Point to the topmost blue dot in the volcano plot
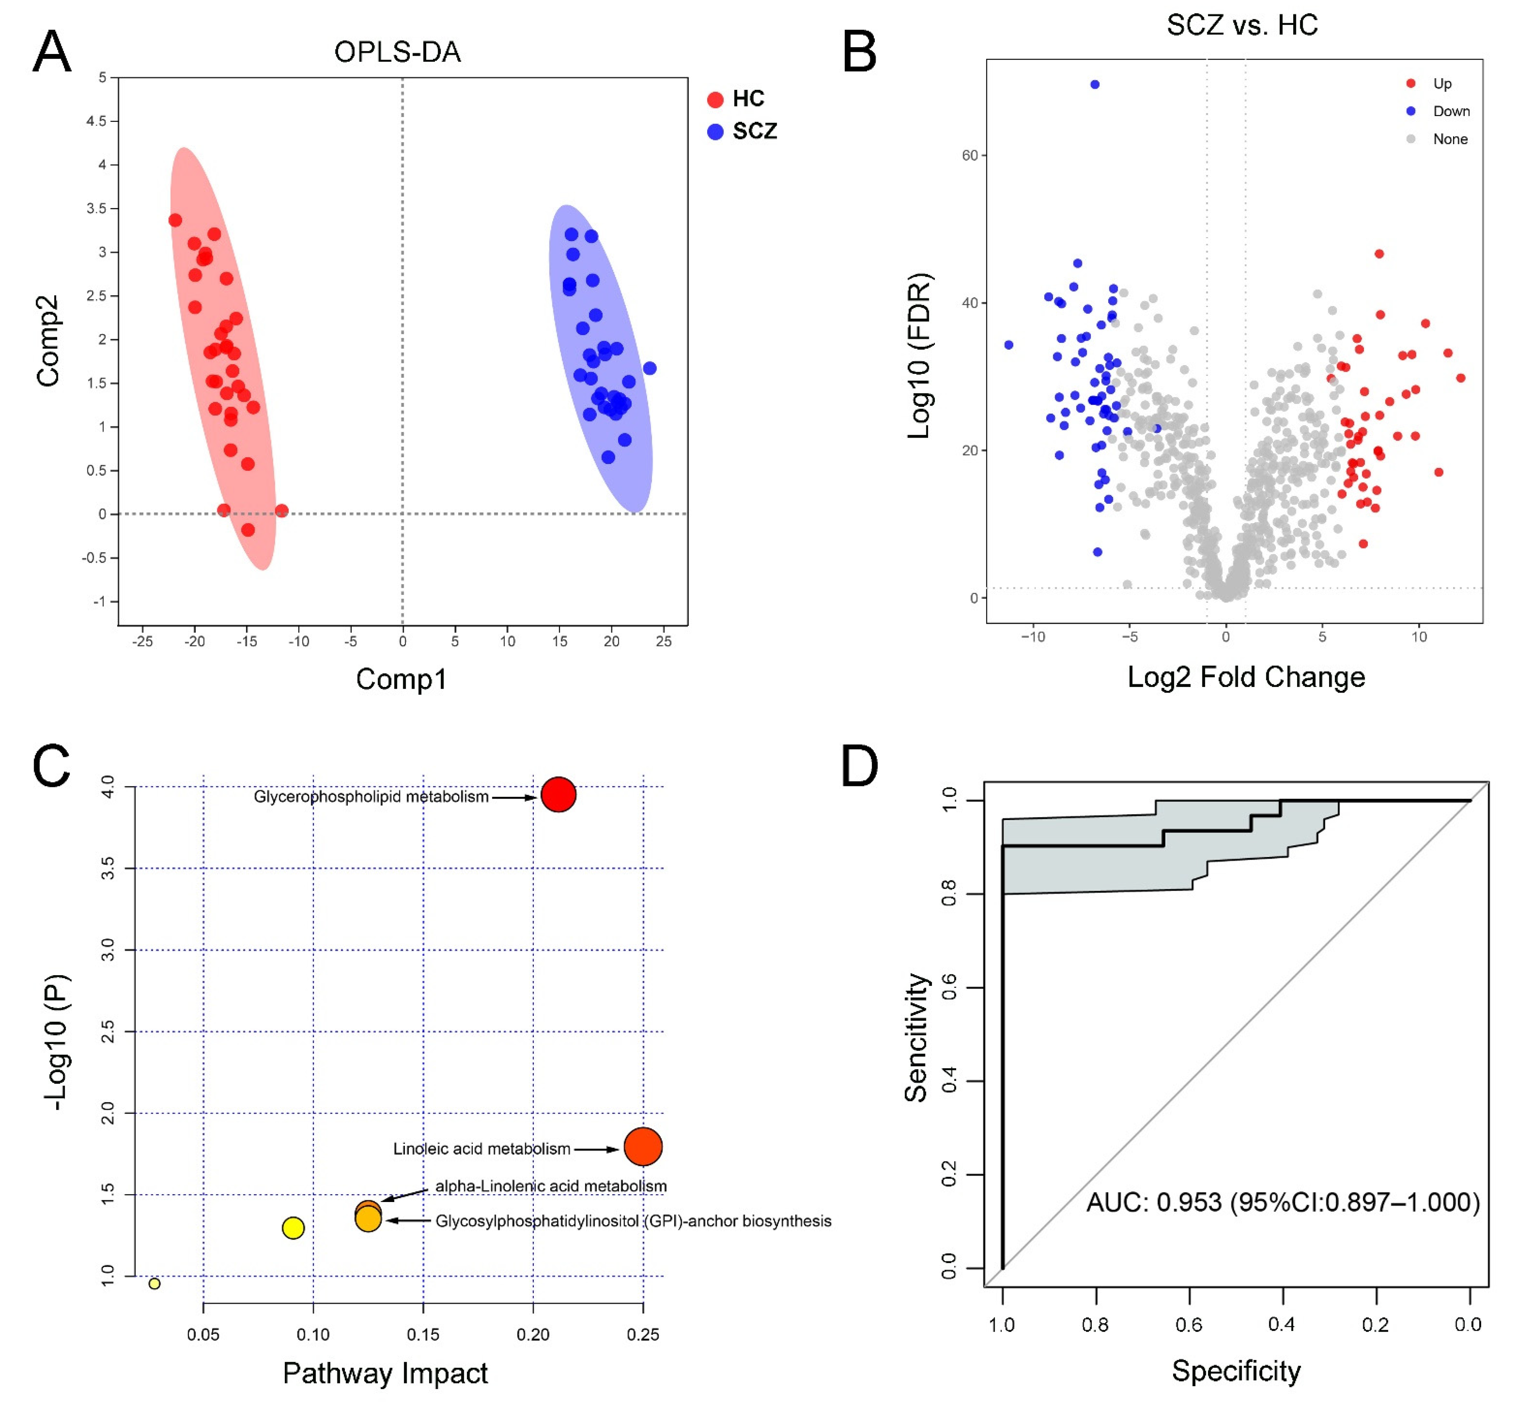click(1094, 84)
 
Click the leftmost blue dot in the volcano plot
click(1008, 345)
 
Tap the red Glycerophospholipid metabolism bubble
click(559, 795)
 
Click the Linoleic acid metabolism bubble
click(643, 1146)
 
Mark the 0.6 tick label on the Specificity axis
click(1189, 1325)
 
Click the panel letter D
click(859, 767)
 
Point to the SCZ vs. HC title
click(1242, 25)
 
